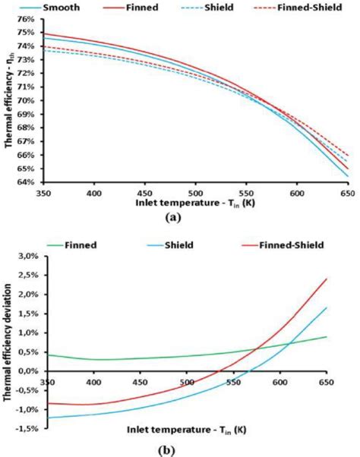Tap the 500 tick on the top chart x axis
(x=195, y=193)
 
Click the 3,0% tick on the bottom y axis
(x=27, y=258)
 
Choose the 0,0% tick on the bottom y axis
(x=27, y=372)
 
